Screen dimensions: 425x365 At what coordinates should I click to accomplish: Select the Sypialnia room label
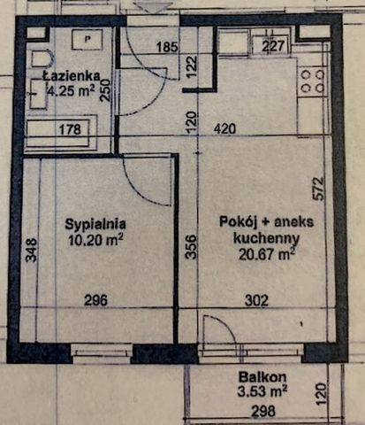pyautogui.click(x=94, y=224)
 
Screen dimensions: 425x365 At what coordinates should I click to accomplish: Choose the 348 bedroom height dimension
pyautogui.click(x=31, y=250)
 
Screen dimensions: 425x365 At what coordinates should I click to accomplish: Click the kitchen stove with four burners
pyautogui.click(x=310, y=82)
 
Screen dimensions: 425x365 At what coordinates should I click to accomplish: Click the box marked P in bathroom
pyautogui.click(x=87, y=41)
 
